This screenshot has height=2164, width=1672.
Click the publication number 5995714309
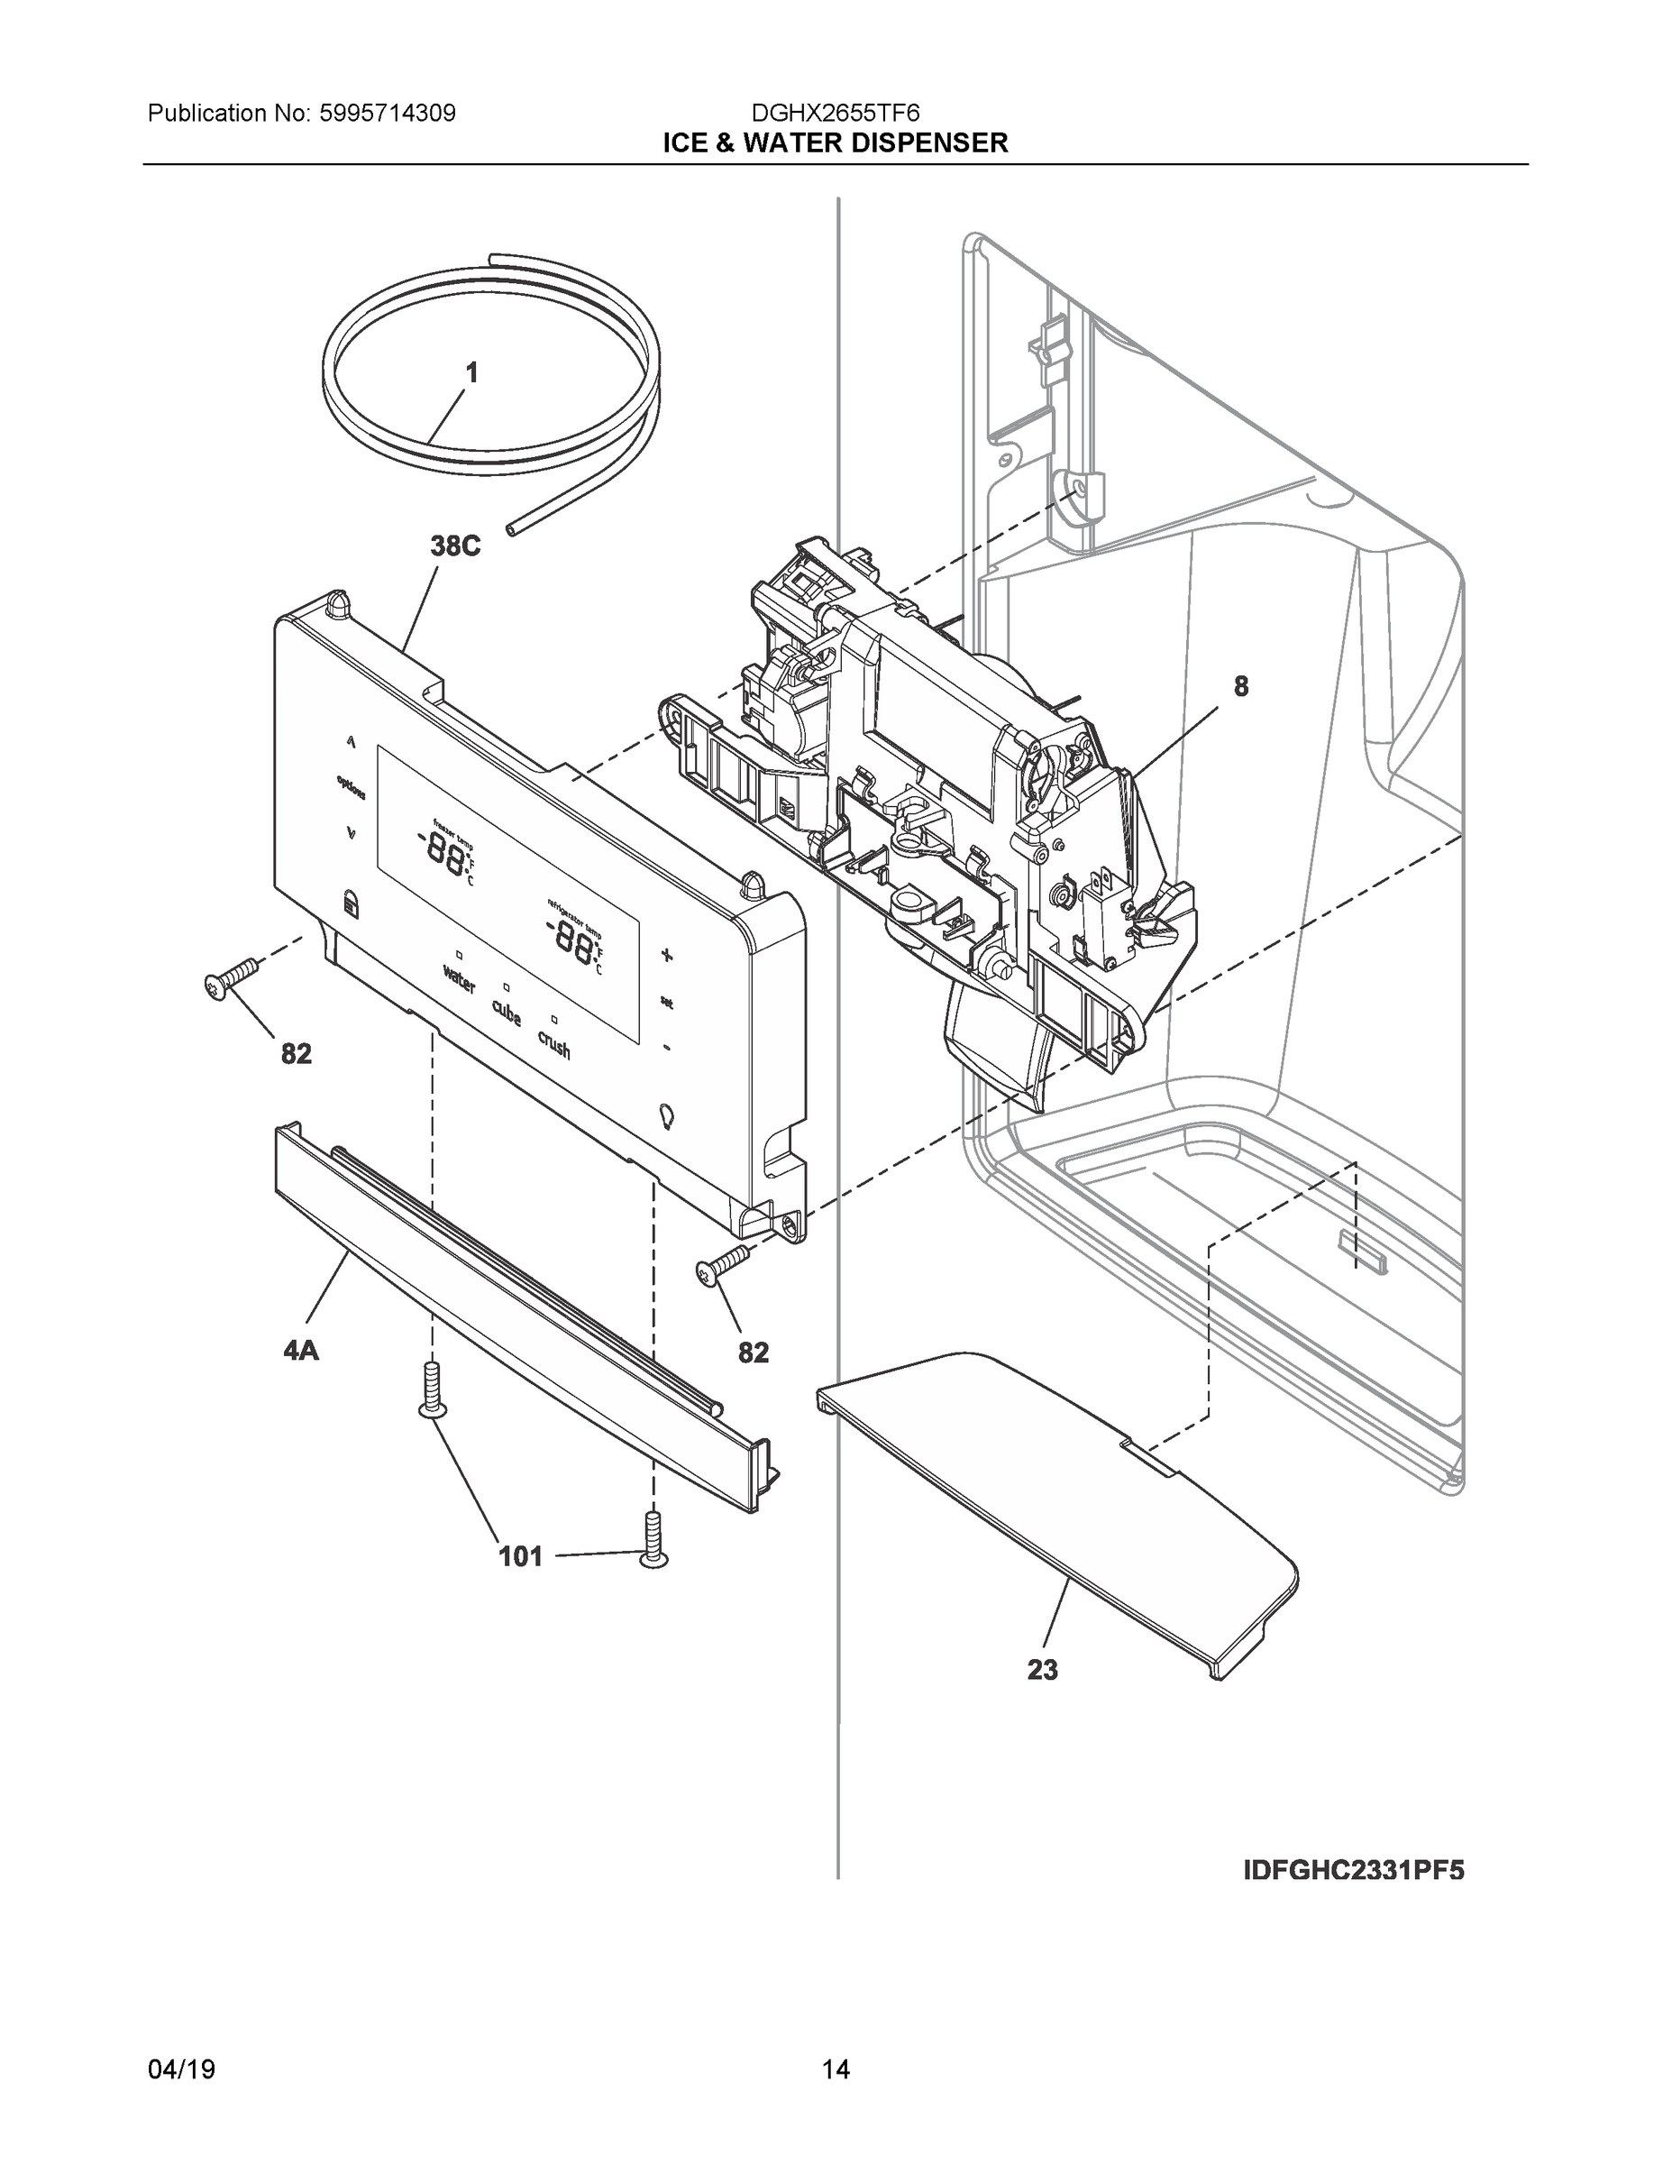[388, 113]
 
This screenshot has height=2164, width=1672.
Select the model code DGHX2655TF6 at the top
[835, 113]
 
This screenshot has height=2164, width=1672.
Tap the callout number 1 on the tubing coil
[471, 373]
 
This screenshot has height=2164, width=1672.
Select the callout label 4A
[300, 1350]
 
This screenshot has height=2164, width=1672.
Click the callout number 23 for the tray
[1042, 1670]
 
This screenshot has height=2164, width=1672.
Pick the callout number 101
[520, 1556]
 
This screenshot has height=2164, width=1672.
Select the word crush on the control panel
[553, 1043]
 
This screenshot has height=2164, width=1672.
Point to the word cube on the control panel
[507, 1012]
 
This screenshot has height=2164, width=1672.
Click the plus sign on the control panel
[667, 955]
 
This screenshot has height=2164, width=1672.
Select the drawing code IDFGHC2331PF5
[1353, 1870]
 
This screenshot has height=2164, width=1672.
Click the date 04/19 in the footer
[181, 2070]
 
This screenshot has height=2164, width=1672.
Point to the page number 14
[835, 2070]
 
